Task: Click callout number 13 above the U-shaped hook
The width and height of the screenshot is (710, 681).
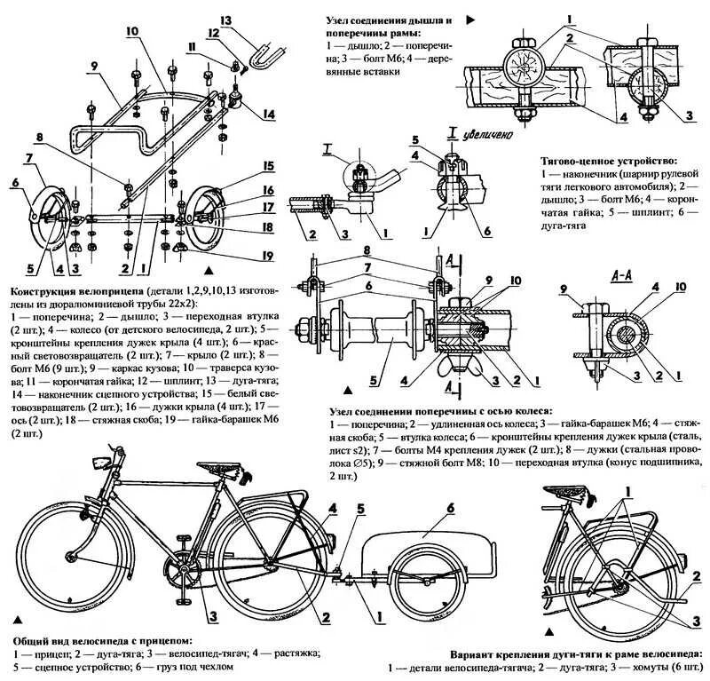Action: [x=225, y=20]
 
